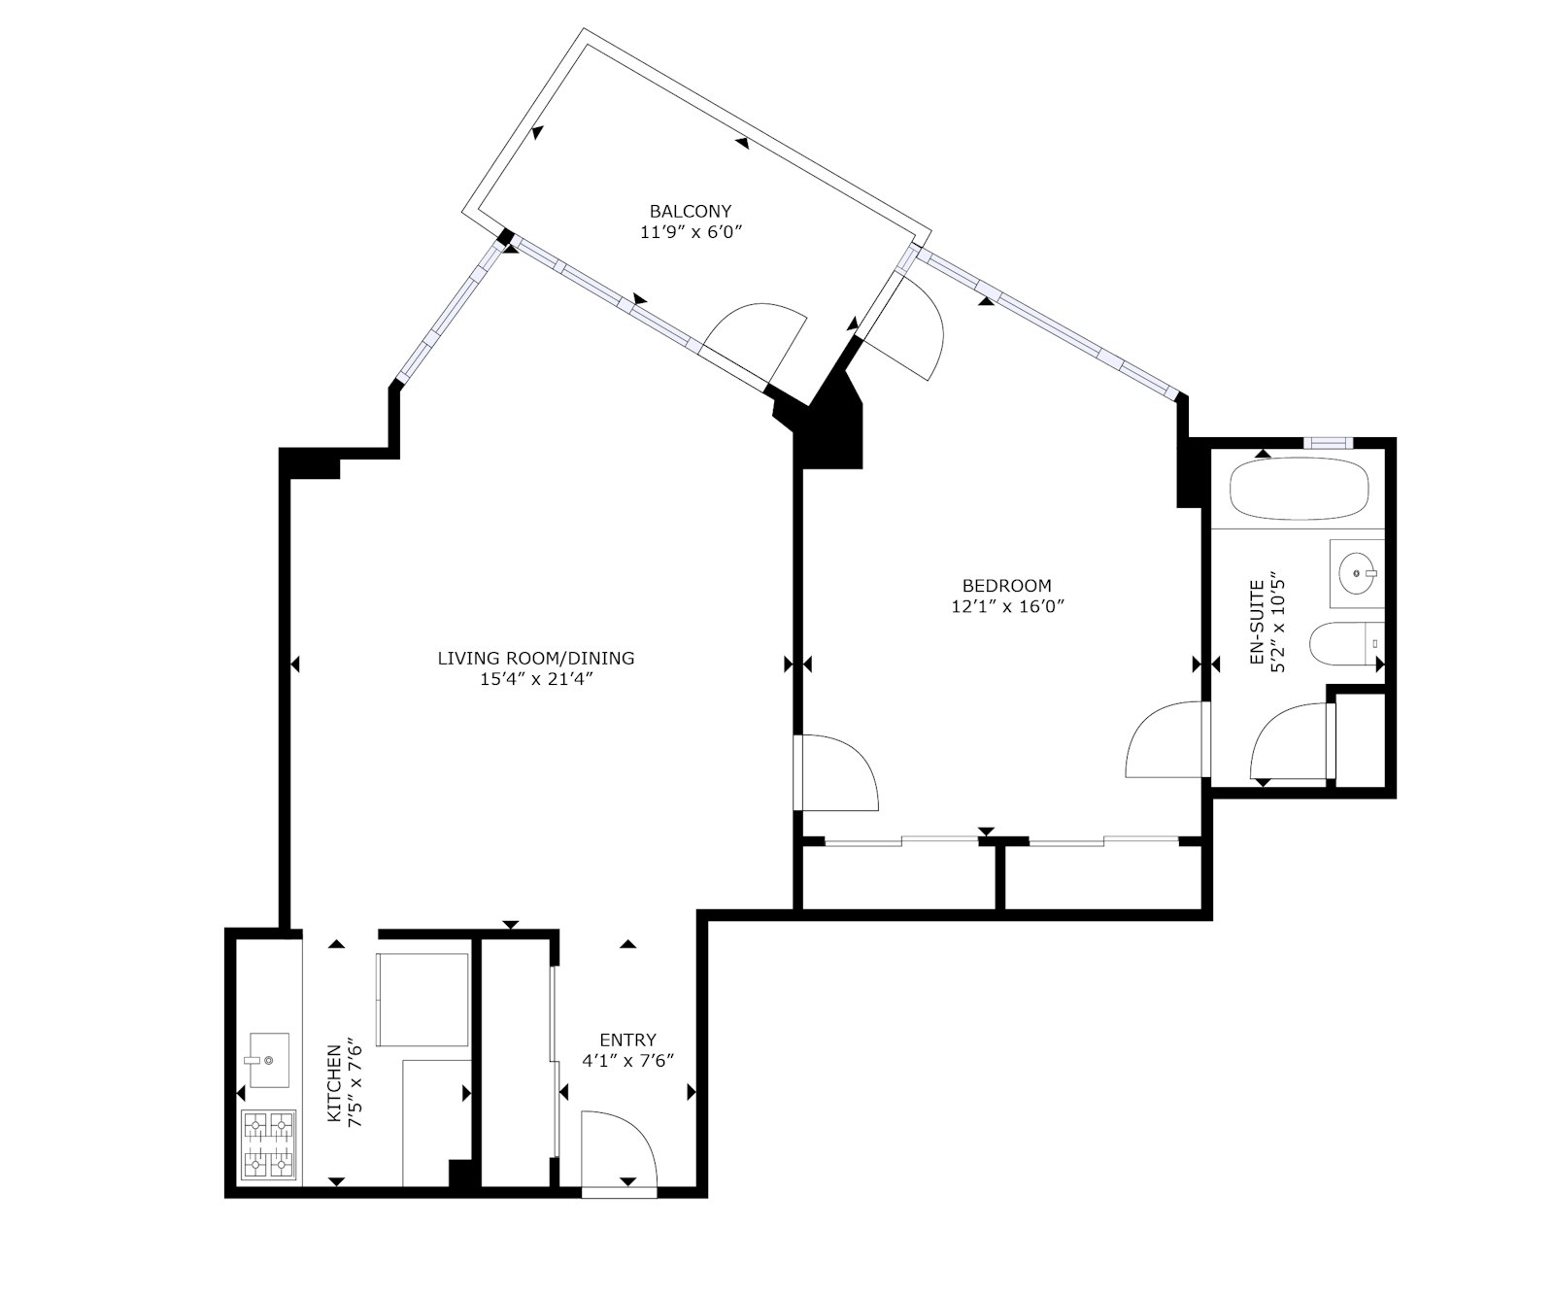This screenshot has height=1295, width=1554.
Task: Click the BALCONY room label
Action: [x=690, y=211]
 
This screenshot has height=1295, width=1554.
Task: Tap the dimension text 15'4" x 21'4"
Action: [x=535, y=679]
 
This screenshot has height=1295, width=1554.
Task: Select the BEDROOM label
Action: [x=1006, y=586]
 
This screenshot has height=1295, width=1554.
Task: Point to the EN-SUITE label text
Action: [x=1256, y=623]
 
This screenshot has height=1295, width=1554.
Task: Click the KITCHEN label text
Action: [x=334, y=1083]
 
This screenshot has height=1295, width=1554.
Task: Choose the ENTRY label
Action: [x=627, y=1039]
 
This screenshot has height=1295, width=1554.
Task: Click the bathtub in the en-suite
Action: [x=1299, y=492]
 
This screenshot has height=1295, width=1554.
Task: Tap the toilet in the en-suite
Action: [x=1340, y=643]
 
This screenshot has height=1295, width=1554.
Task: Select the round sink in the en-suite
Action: [x=1355, y=573]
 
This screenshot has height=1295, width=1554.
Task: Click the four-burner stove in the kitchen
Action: [x=268, y=1144]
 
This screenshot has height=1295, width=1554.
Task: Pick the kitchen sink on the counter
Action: [x=268, y=1059]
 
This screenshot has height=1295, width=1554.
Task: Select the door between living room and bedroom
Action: [x=835, y=773]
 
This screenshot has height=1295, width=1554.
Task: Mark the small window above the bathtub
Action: [x=1327, y=443]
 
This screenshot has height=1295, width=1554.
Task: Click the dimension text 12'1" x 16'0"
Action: [x=1007, y=607]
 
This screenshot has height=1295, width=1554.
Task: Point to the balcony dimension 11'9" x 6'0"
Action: [x=691, y=232]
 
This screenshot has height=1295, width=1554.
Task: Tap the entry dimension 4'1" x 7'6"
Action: [x=627, y=1061]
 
